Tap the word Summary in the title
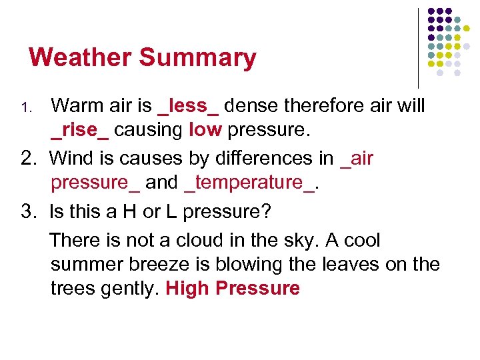(197, 59)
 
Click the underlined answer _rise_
(79, 129)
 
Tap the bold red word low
(205, 129)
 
